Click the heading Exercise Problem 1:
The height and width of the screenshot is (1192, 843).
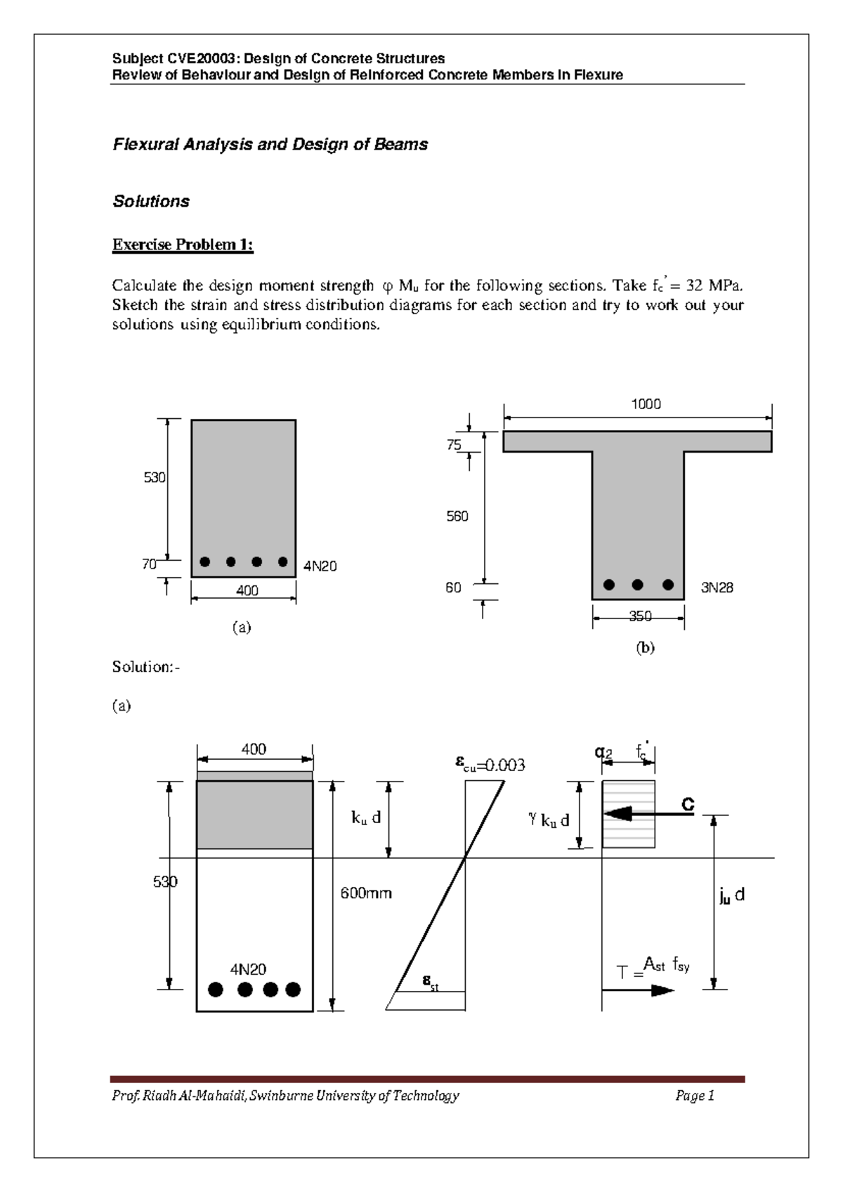pos(183,245)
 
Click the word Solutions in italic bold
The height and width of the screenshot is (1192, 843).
pos(151,202)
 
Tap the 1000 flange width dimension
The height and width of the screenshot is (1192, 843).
pos(645,404)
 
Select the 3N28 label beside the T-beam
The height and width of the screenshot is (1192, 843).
pos(717,588)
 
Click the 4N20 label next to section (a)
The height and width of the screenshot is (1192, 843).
pos(320,566)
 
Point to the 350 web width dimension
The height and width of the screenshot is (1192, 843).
pos(639,616)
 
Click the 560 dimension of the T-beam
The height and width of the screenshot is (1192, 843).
pos(457,517)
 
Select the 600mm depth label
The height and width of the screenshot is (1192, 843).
pos(366,893)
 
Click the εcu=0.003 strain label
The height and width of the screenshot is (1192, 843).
pos(490,765)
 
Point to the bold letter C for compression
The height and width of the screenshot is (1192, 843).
pos(688,805)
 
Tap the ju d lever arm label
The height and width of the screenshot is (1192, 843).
pos(731,895)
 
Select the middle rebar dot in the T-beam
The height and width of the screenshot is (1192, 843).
pos(638,585)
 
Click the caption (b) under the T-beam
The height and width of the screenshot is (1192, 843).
pos(645,648)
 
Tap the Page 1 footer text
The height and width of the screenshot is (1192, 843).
pos(695,1096)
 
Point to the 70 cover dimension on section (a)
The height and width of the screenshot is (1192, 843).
pos(148,564)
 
